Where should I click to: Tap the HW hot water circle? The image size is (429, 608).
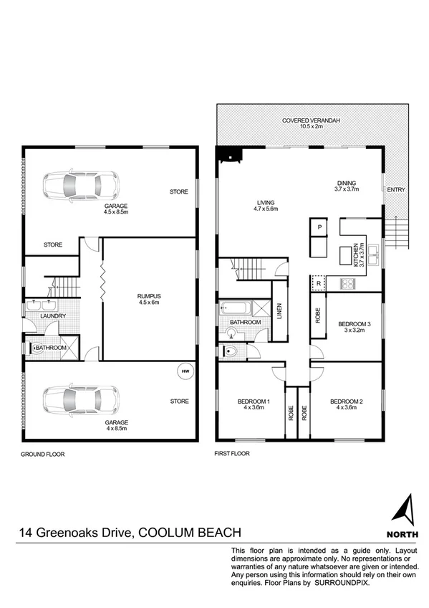(185, 371)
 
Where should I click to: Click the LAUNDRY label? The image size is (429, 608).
(53, 316)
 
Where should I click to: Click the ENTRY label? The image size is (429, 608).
(395, 189)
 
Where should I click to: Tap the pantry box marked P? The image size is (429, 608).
(319, 227)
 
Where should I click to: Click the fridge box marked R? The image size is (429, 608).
(318, 283)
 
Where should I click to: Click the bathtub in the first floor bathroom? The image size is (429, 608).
(235, 309)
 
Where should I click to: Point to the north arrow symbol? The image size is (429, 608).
(403, 508)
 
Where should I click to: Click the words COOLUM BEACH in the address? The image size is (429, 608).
(189, 533)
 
